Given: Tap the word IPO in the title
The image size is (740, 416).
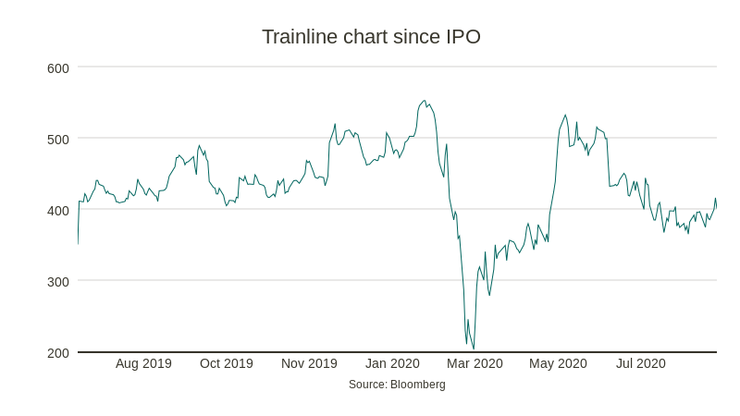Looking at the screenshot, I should pyautogui.click(x=462, y=37).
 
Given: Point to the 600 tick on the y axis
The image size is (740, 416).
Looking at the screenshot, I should pyautogui.click(x=58, y=67).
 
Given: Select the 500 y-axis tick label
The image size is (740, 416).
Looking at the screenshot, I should pyautogui.click(x=58, y=139).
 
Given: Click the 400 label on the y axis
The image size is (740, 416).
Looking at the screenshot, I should pyautogui.click(x=58, y=210).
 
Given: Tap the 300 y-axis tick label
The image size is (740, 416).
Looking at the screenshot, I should pyautogui.click(x=58, y=281).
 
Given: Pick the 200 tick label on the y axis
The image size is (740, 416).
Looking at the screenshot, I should pyautogui.click(x=58, y=352).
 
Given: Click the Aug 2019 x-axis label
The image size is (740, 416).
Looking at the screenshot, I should pyautogui.click(x=143, y=363).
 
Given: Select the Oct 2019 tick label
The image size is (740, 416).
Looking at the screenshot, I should pyautogui.click(x=227, y=363).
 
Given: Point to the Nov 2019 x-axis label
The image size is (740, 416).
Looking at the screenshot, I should pyautogui.click(x=309, y=363).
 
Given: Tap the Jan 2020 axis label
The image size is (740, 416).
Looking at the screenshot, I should pyautogui.click(x=392, y=363).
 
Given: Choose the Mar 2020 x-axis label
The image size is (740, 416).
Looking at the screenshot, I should pyautogui.click(x=475, y=363).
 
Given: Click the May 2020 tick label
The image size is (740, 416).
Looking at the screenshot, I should pyautogui.click(x=558, y=363).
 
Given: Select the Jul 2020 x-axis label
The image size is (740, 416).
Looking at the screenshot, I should pyautogui.click(x=641, y=363).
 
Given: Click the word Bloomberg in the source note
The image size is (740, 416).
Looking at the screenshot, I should pyautogui.click(x=418, y=385).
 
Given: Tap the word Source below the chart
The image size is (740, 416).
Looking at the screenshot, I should pyautogui.click(x=367, y=385).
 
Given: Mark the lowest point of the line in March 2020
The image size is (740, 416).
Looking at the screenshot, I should pyautogui.click(x=474, y=349).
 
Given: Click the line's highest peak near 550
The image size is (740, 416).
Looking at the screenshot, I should pyautogui.click(x=424, y=101).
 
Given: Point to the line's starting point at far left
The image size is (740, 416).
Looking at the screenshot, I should pyautogui.click(x=78, y=244).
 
